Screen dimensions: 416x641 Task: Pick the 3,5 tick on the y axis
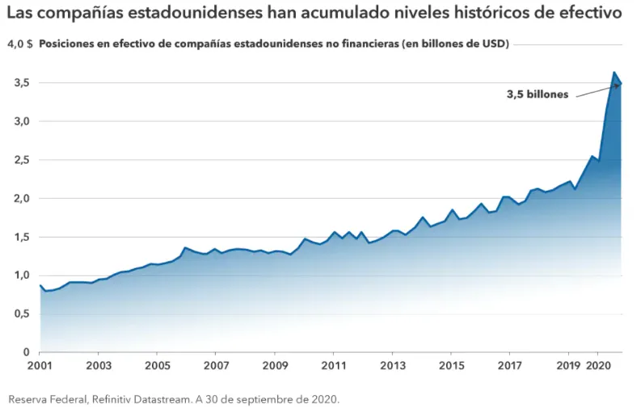21,82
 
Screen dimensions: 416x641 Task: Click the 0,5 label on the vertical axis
21,314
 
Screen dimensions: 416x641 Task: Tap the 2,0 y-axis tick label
21,199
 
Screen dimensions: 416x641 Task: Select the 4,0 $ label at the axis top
19,44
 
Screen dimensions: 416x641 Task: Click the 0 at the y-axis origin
25,353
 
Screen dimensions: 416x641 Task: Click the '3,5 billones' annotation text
538,95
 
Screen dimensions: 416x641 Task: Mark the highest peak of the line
614,72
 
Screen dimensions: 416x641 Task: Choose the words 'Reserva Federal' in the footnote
45,399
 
